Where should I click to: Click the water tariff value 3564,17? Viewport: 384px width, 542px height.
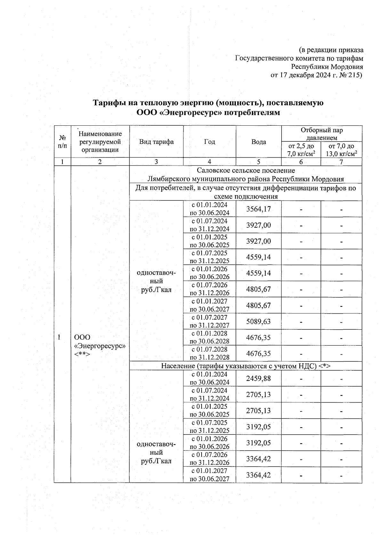[x=258, y=209]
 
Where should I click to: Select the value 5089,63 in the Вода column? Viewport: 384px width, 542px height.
[x=258, y=321]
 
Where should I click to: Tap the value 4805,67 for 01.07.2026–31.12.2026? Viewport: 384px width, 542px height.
[x=258, y=289]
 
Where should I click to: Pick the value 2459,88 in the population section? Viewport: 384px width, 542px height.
[x=258, y=379]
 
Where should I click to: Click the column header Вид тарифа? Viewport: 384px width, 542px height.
[x=156, y=142]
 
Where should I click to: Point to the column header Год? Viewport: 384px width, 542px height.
[x=209, y=142]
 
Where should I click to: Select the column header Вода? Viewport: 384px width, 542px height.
[x=259, y=142]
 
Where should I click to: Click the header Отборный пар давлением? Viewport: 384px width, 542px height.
[x=321, y=134]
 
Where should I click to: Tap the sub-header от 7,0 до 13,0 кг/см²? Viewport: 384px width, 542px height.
[x=341, y=150]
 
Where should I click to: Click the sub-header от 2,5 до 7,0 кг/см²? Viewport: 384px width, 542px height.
[x=301, y=150]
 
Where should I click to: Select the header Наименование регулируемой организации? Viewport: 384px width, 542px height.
[x=100, y=142]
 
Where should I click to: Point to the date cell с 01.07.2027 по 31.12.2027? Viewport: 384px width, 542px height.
[x=209, y=321]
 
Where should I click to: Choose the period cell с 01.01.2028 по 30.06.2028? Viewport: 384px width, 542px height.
[x=209, y=337]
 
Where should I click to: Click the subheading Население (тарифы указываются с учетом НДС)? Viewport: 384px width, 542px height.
[x=245, y=366]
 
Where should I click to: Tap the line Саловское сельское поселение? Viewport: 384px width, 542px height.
[x=245, y=170]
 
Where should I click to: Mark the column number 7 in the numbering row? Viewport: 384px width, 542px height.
[x=341, y=162]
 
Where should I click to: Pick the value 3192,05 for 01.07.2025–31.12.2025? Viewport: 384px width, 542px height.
[x=258, y=427]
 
